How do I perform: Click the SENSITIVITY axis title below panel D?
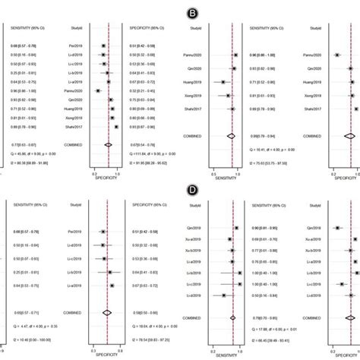[226, 352]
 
